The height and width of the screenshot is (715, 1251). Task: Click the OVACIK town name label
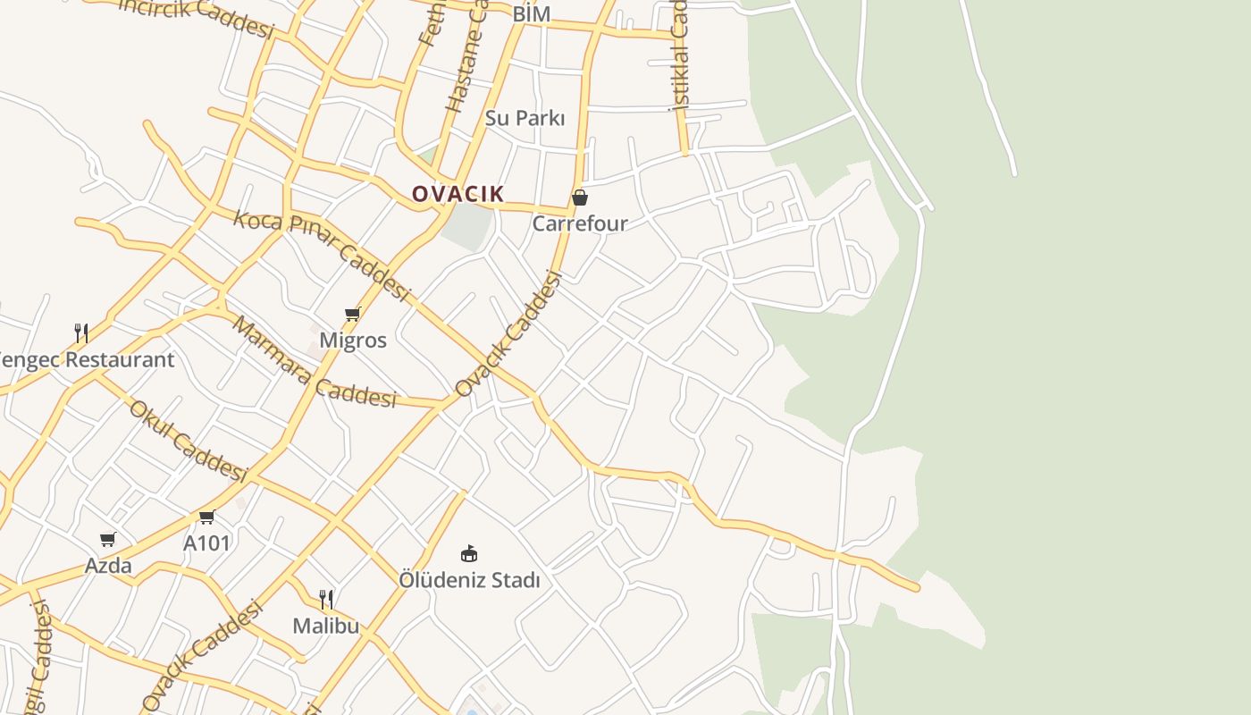point(458,194)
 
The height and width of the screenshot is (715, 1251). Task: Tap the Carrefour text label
point(580,223)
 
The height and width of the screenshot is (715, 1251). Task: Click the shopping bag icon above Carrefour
point(580,198)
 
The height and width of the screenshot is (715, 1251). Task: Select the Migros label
point(353,341)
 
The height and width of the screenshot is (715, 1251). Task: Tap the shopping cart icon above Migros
point(352,315)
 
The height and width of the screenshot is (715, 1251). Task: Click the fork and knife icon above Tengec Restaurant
point(81,333)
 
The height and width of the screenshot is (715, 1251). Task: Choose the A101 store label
point(207,543)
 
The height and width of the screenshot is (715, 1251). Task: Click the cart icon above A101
point(207,517)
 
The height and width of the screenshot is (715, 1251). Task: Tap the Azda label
point(108,566)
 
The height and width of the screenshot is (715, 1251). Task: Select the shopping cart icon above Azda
point(108,540)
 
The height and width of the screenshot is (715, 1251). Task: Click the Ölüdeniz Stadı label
point(469,580)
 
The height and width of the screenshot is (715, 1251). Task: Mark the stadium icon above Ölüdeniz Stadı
point(469,554)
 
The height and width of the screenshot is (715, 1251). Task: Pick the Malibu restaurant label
point(326,626)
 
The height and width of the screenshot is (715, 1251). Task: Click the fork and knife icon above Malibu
point(326,599)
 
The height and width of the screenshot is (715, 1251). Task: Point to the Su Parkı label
point(525,118)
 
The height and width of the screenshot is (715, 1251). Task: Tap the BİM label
point(531,14)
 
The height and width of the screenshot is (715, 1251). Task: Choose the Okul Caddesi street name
point(188,441)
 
